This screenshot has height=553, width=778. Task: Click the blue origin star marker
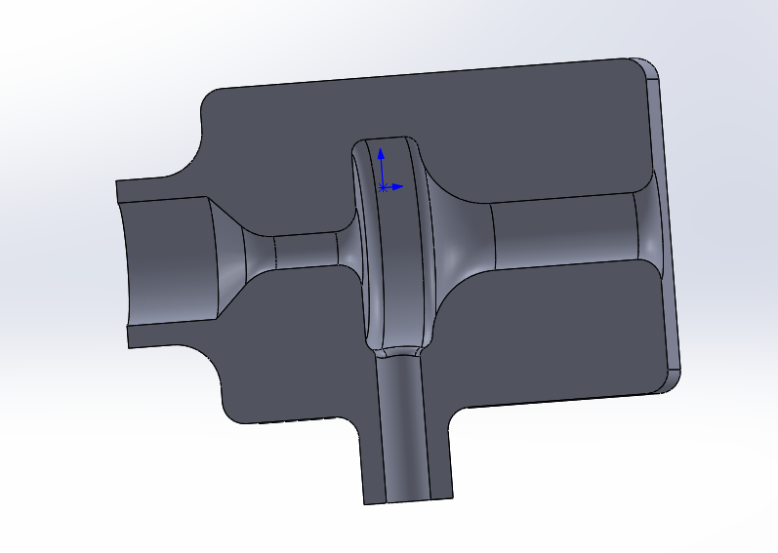(384, 186)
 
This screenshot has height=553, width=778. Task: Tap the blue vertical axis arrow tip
(381, 151)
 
